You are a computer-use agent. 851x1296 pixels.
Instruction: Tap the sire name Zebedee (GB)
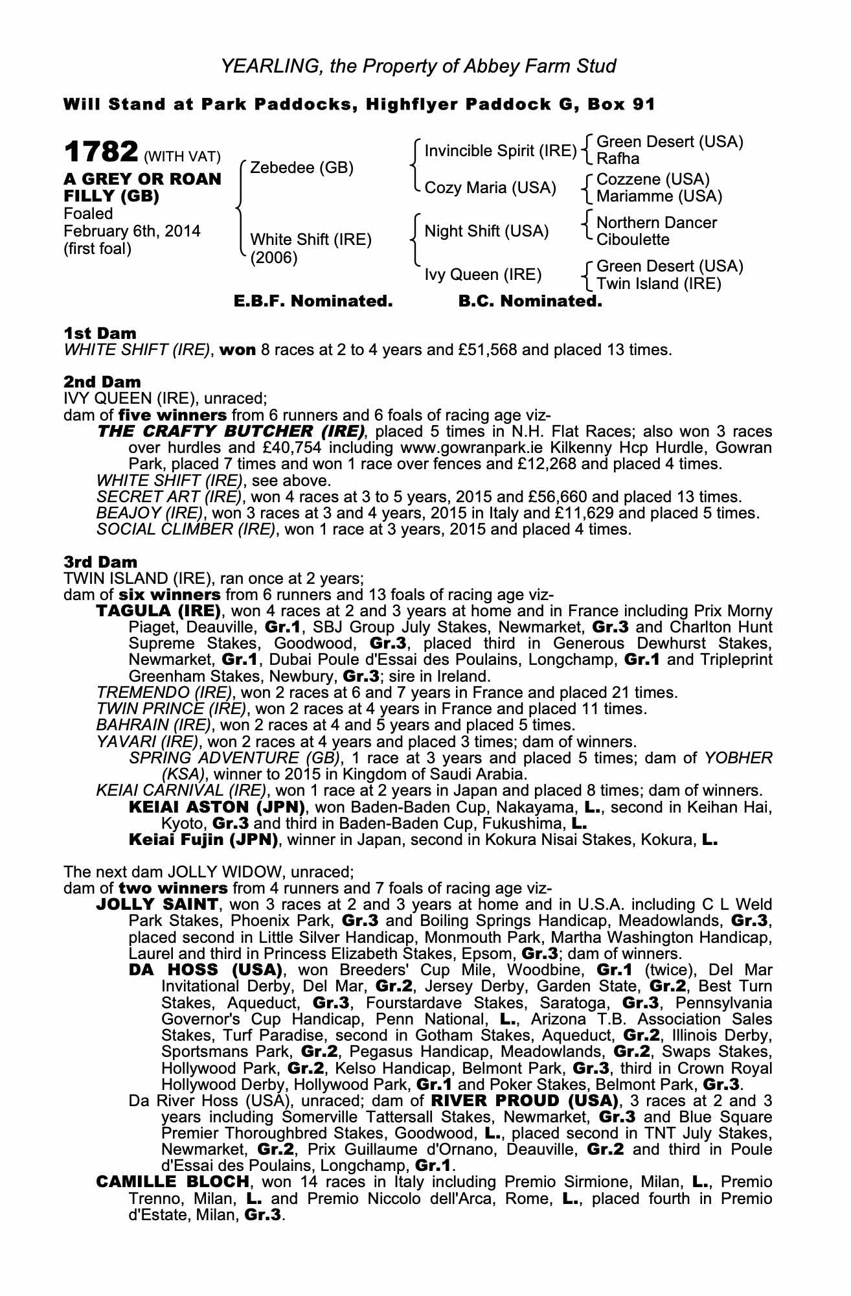coord(302,168)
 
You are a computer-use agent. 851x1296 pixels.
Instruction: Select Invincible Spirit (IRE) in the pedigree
coord(500,151)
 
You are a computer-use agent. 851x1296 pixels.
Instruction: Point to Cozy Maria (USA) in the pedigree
coord(490,188)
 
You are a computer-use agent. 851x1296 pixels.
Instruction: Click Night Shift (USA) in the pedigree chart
coord(486,231)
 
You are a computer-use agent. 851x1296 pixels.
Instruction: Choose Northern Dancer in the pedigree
coord(656,223)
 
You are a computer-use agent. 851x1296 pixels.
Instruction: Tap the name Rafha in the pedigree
coord(618,159)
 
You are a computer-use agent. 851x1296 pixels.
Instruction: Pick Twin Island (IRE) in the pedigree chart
coord(659,283)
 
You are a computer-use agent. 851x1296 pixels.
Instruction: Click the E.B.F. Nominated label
coord(313,301)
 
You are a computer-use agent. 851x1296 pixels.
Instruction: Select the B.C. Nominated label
coord(530,301)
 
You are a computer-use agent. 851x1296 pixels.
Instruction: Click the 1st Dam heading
coord(100,334)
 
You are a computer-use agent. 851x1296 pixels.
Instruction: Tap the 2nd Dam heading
coord(102,382)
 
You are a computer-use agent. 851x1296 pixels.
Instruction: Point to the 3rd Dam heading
coord(101,562)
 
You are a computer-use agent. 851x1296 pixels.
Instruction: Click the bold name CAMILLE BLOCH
coord(172,1181)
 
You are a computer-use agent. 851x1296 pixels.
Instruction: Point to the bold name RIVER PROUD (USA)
coord(522,1101)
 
